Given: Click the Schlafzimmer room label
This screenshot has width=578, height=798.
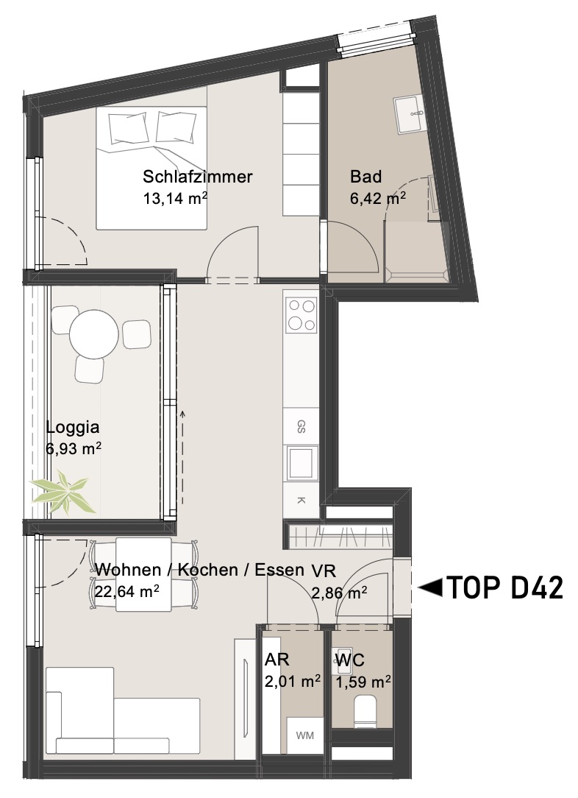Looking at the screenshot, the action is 197,177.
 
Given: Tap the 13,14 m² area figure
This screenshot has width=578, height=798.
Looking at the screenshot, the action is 175,198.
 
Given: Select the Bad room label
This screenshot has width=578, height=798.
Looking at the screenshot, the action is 365,177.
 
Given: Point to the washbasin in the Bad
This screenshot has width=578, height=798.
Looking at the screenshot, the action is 409,115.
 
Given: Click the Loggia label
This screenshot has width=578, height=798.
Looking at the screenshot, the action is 73,428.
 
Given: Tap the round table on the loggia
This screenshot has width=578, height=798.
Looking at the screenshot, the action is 94,335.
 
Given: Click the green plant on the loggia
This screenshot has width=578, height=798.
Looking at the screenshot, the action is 63,492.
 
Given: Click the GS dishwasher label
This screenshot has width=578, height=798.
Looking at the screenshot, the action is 301,426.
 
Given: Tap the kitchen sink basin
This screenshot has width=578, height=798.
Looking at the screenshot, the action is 301,462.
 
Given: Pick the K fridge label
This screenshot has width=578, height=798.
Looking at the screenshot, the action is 301,501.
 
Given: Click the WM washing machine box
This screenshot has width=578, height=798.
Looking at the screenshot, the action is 304,735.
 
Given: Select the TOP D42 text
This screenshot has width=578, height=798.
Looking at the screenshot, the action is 504,587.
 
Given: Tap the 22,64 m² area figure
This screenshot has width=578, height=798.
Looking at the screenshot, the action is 127,591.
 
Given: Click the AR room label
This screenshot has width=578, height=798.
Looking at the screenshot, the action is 276,660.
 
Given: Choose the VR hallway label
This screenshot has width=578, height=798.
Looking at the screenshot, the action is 324,571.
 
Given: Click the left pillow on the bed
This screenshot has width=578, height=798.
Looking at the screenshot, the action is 129,130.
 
